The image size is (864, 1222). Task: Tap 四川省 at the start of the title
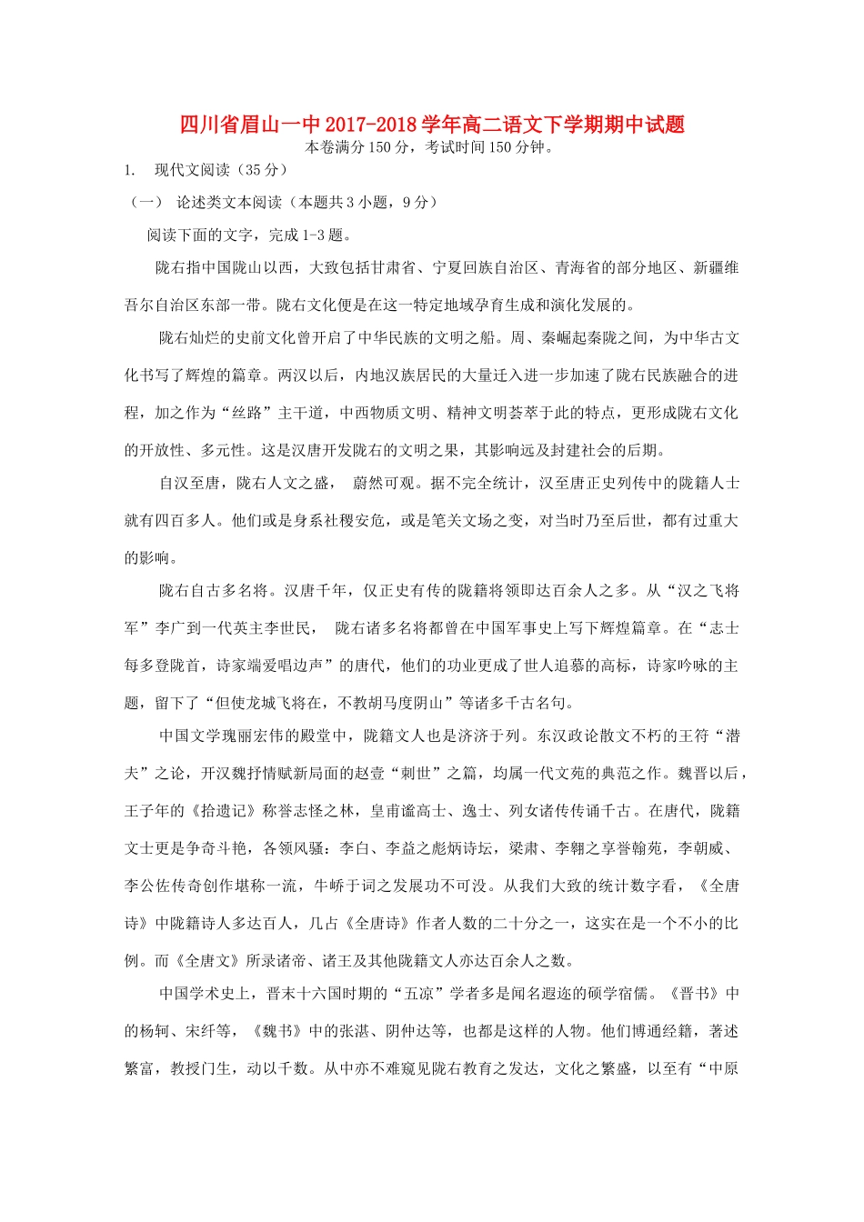pos(202,125)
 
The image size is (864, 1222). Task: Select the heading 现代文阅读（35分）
pos(221,170)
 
